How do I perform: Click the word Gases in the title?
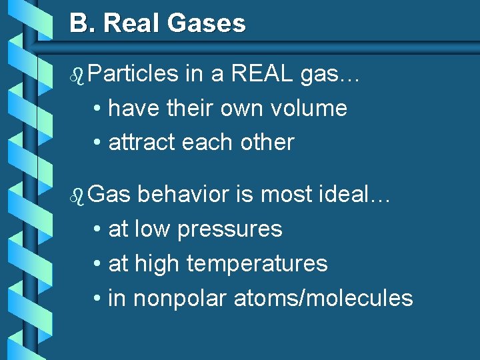click(x=207, y=24)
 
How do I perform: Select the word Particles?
click(x=132, y=74)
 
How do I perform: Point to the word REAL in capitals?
click(x=262, y=74)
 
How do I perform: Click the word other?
click(x=269, y=142)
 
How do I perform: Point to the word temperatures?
click(x=257, y=263)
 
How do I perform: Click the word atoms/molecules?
click(x=323, y=298)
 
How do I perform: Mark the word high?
click(x=158, y=263)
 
